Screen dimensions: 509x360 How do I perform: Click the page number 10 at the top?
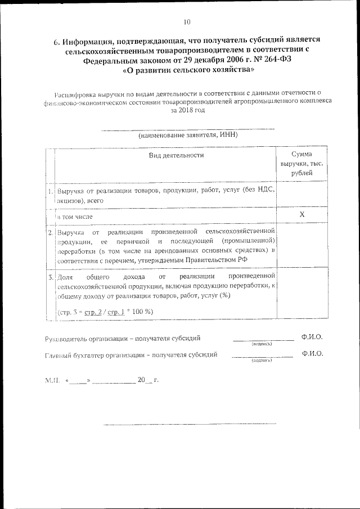(x=187, y=22)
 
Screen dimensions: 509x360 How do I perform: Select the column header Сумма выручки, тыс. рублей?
(x=302, y=164)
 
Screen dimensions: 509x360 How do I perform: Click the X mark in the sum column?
(x=302, y=215)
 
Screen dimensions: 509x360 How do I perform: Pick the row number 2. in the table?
(x=51, y=231)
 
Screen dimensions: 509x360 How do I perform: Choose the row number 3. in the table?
(x=51, y=277)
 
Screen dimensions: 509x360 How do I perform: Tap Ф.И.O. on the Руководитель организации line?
(x=312, y=337)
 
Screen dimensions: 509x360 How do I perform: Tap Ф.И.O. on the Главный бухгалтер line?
(x=312, y=354)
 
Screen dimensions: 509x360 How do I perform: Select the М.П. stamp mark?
(x=52, y=380)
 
